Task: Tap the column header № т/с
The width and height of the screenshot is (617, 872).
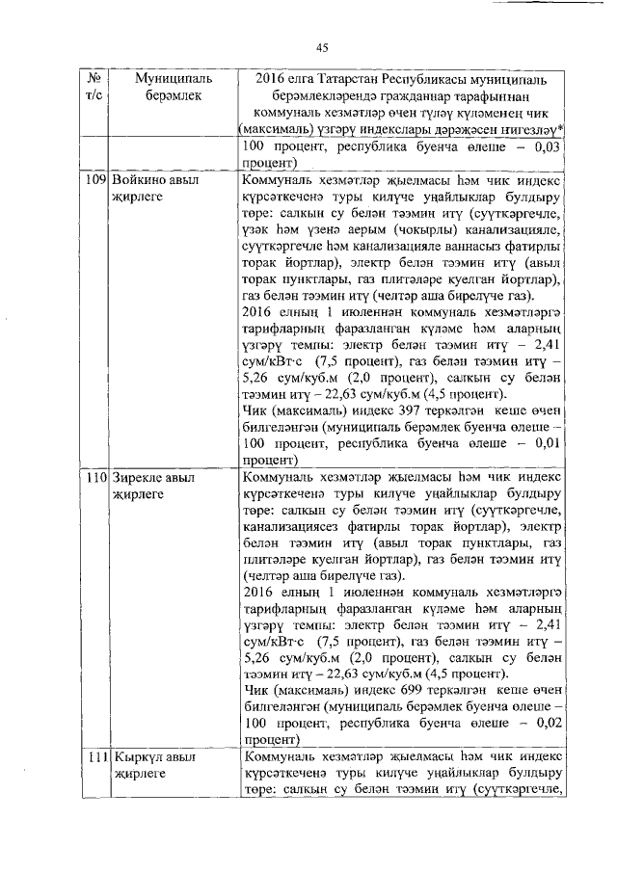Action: (94, 85)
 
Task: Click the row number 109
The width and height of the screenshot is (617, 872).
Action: (94, 180)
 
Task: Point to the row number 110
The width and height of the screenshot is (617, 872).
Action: (94, 477)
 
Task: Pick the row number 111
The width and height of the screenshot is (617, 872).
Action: (94, 757)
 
